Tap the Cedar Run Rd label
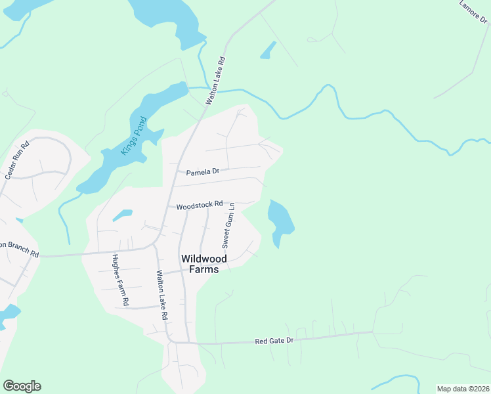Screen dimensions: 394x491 point(18,160)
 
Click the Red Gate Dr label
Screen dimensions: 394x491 point(274,341)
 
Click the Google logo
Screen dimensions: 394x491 point(22,386)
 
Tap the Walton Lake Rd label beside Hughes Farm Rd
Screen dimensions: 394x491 point(161,295)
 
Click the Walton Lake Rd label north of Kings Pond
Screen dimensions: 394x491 point(216,80)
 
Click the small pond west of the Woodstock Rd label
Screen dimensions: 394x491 point(122,214)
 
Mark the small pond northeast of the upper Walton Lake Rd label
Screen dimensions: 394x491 point(268,51)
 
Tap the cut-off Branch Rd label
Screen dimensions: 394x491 point(19,248)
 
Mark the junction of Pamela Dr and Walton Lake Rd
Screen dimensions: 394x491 point(174,175)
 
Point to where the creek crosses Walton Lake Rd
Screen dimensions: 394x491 point(211,89)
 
